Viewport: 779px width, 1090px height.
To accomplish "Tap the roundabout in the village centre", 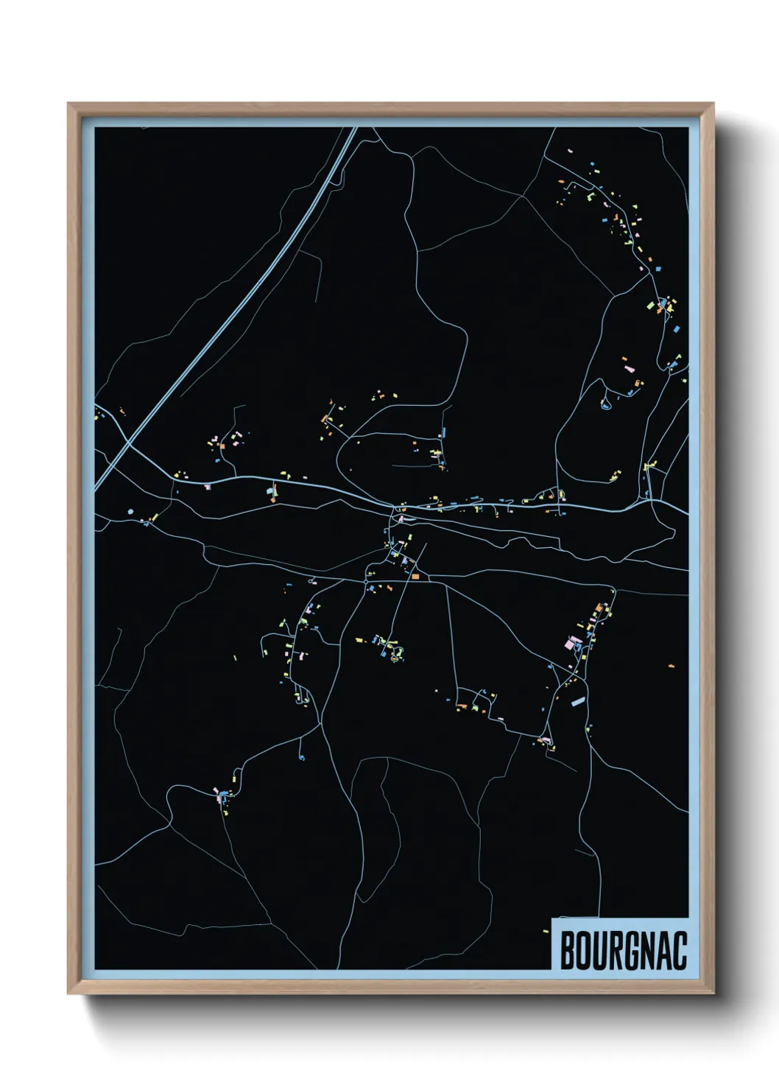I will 365,582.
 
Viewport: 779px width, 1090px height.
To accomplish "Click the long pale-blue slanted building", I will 578,702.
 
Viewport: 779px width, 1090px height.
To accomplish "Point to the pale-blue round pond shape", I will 131,510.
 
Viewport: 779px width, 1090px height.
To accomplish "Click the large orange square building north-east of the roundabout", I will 415,576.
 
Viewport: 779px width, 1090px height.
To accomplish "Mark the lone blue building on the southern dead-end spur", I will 301,758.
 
